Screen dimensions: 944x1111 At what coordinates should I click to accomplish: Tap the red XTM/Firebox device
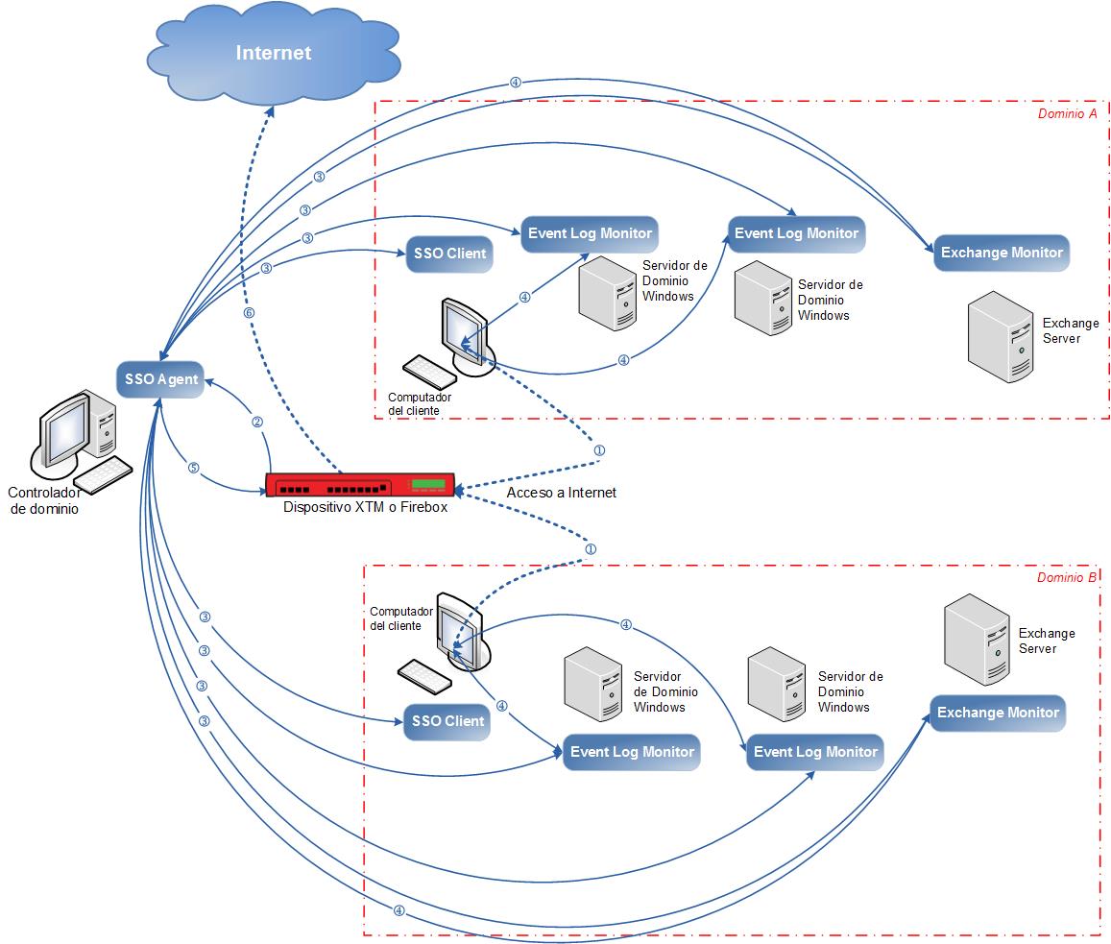360,485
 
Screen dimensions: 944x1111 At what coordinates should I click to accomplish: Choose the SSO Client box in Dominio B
447,721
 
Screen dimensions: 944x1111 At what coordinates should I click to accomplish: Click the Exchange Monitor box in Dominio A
1002,253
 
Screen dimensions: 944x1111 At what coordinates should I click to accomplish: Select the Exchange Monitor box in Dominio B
998,713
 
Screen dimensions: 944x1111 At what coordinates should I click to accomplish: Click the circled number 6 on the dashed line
250,313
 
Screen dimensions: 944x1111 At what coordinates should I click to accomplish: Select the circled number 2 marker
256,422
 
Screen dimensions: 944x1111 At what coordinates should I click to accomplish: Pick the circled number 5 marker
193,469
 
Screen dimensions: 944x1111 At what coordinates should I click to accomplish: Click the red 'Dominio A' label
1067,113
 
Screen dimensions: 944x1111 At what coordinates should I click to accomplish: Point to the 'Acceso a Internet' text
561,493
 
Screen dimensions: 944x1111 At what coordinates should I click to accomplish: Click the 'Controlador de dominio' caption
44,501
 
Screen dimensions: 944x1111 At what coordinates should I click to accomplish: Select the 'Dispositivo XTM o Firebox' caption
365,507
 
